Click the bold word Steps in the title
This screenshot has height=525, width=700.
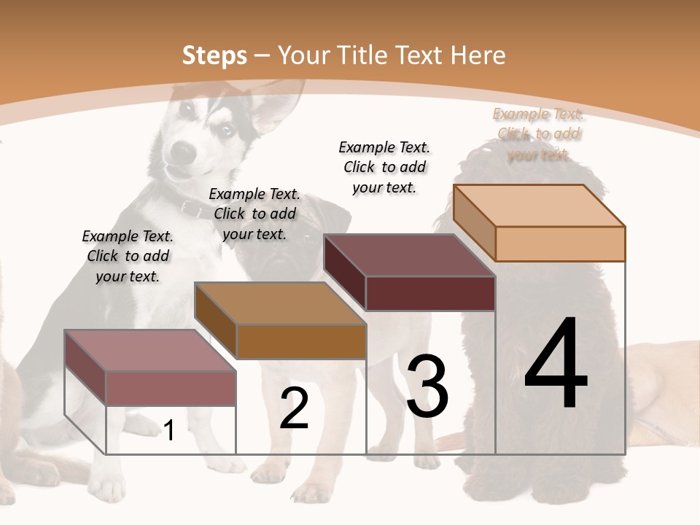pos(214,55)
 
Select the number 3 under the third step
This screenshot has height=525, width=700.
pos(427,386)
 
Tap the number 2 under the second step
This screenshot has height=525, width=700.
pos(294,408)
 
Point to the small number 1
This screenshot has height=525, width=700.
pos(169,431)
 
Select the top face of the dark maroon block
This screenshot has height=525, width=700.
pos(409,255)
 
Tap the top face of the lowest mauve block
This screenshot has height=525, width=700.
pos(150,351)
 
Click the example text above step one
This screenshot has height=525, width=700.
pos(128,256)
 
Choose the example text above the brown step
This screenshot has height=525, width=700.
pos(254,214)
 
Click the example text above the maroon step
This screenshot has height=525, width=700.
pos(384,167)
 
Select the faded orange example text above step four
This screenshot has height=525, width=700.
pos(538,134)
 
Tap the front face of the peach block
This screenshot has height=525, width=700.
pos(560,244)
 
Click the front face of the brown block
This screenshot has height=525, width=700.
pos(301,341)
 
